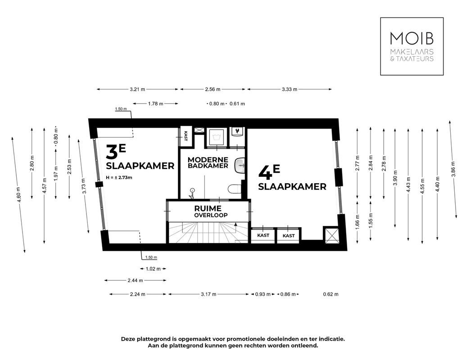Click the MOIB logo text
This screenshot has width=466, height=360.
click(x=412, y=38)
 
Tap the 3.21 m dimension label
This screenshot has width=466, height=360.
click(x=137, y=90)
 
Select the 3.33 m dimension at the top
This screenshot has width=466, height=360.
click(x=290, y=90)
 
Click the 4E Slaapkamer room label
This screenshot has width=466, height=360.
click(x=292, y=179)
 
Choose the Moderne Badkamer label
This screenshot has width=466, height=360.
click(x=208, y=162)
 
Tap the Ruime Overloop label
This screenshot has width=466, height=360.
click(x=208, y=211)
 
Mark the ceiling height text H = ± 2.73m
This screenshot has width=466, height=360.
click(x=119, y=178)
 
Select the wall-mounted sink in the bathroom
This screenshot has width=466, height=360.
click(x=241, y=164)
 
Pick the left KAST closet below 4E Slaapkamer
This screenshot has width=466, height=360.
click(x=263, y=236)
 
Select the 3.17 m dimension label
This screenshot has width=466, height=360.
click(x=208, y=294)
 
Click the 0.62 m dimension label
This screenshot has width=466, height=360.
click(x=330, y=294)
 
